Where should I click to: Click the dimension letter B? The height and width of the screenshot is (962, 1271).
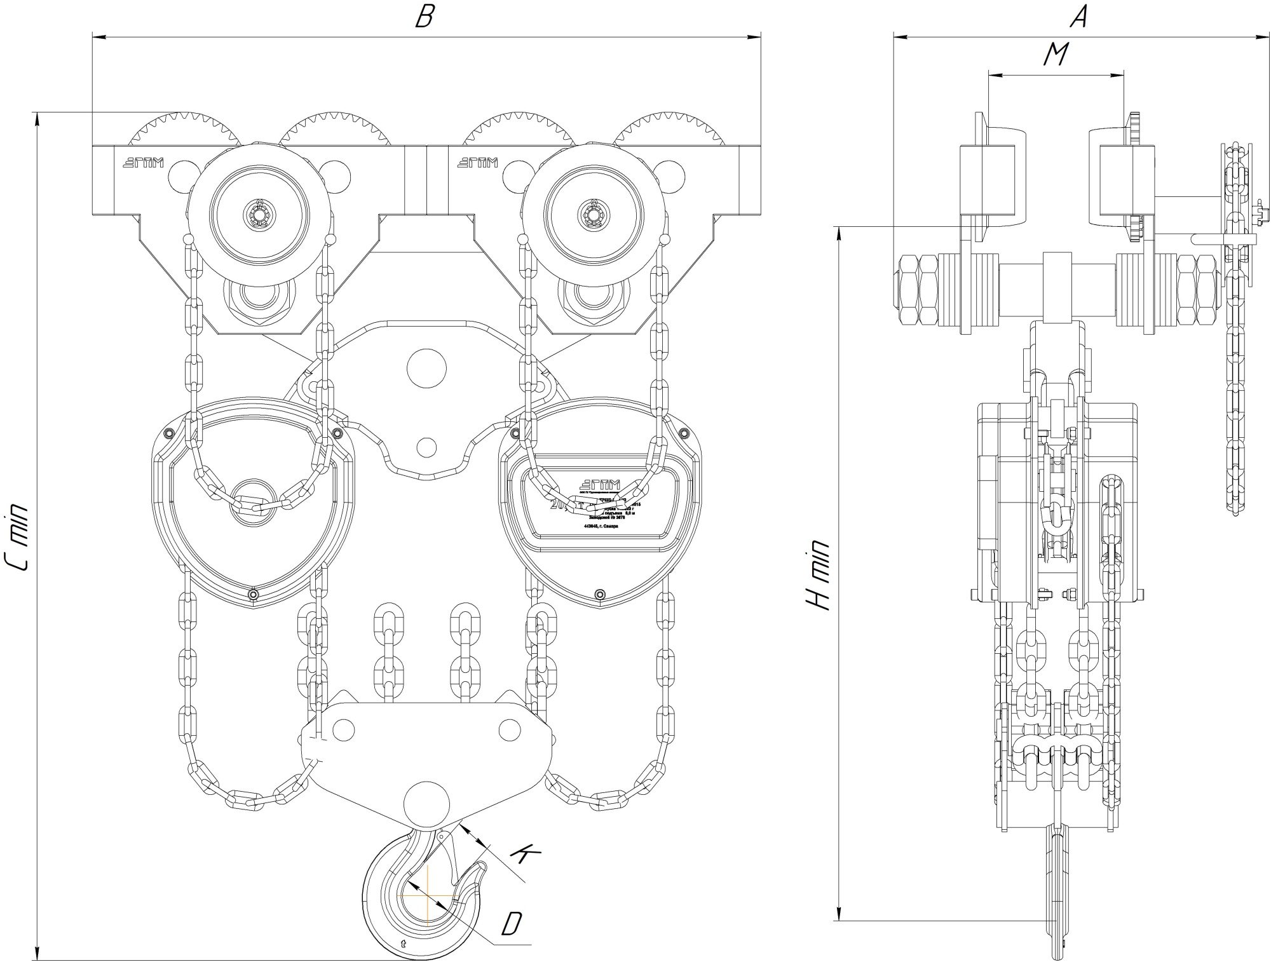click(x=424, y=17)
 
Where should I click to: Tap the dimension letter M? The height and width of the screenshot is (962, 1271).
click(x=1056, y=55)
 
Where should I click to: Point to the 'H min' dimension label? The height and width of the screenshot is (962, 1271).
click(x=819, y=575)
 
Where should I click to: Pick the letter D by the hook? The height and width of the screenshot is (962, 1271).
click(x=510, y=924)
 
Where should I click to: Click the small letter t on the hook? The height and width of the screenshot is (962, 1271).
click(x=403, y=943)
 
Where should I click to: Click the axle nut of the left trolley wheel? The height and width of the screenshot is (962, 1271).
click(x=260, y=213)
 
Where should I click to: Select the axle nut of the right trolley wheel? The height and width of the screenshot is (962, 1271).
click(x=594, y=213)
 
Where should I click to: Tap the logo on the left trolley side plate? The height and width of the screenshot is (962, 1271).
click(x=143, y=163)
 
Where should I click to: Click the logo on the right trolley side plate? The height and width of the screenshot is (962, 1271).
click(x=477, y=163)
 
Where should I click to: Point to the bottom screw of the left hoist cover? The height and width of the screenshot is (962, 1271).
click(x=254, y=594)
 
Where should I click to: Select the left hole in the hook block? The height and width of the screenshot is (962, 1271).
click(x=343, y=728)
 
